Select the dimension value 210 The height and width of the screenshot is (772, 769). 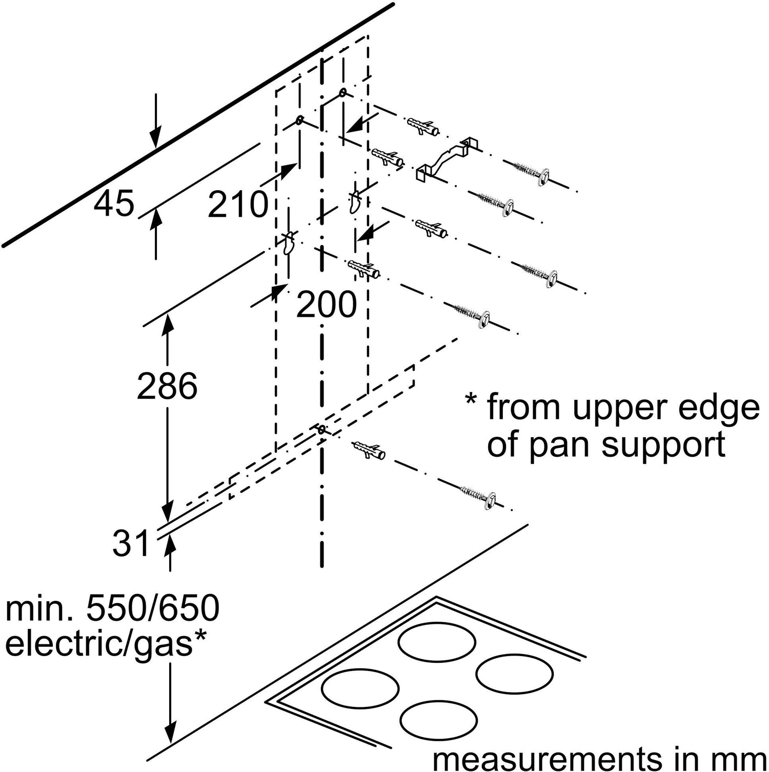tap(238, 204)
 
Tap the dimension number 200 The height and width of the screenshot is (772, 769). tap(326, 304)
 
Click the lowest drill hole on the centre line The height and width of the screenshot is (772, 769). tap(321, 429)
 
